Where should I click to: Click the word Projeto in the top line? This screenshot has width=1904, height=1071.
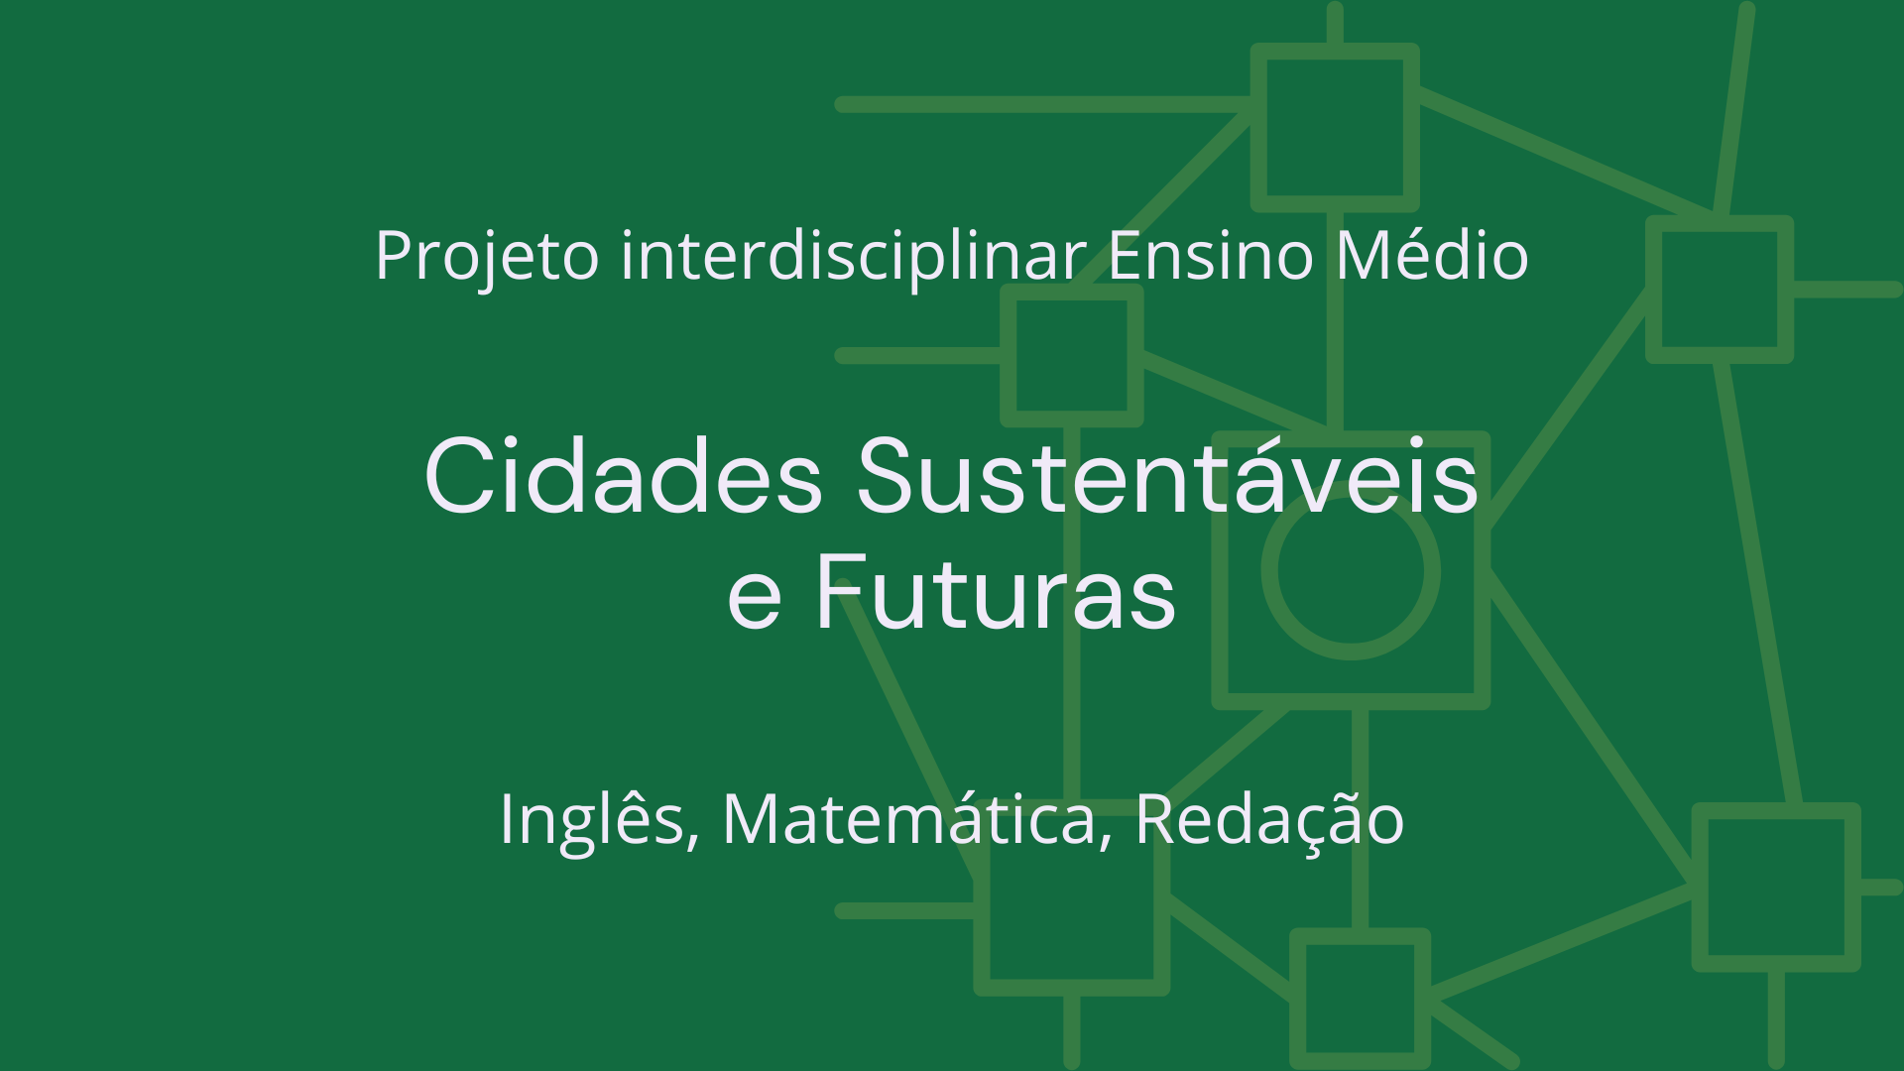(x=486, y=256)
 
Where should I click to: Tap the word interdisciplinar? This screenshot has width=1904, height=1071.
(x=853, y=256)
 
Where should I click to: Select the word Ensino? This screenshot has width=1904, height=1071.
(x=1210, y=256)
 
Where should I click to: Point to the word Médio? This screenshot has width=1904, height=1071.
(x=1431, y=256)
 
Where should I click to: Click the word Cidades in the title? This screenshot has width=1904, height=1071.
(x=623, y=478)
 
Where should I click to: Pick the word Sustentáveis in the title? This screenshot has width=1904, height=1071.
(x=1167, y=478)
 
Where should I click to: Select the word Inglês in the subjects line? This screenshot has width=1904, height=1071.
(x=591, y=819)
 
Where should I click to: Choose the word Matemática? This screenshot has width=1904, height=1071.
(x=908, y=819)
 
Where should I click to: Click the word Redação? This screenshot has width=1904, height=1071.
(x=1269, y=819)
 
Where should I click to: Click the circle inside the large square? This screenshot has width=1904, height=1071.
(x=1351, y=571)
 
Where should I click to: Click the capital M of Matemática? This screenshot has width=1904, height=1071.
(x=749, y=819)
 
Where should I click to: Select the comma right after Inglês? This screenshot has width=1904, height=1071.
(x=692, y=841)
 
